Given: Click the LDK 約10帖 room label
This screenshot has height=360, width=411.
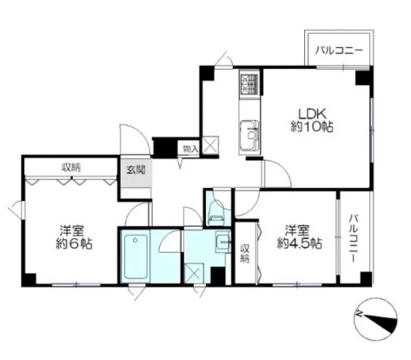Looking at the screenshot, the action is click(312, 120).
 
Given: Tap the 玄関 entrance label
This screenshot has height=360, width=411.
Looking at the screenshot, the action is click(136, 170).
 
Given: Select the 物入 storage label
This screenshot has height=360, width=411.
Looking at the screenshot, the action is click(190, 150).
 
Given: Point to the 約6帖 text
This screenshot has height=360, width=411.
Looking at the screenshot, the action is click(74, 244).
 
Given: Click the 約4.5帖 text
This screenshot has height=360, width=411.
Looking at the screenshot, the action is click(300, 243).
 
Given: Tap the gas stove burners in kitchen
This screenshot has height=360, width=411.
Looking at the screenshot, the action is click(249, 83).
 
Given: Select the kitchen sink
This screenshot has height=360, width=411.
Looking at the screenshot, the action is click(249, 135).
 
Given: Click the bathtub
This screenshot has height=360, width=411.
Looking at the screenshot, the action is click(136, 257).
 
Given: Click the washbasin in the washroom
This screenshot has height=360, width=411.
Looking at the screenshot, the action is click(223, 241).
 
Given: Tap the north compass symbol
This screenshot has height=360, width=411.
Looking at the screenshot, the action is click(375, 319).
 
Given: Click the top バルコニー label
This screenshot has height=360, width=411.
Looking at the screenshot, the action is click(339, 50).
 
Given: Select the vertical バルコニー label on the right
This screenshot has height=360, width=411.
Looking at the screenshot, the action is click(353, 238).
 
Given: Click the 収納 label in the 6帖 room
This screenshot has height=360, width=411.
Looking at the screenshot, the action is click(71, 167).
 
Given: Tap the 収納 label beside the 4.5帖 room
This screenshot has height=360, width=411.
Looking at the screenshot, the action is click(245, 253).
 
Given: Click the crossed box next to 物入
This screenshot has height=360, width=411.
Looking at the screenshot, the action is click(210, 144).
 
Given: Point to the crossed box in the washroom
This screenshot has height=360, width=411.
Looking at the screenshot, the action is click(195, 273).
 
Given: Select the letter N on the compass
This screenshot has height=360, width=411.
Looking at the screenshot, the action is click(360, 313).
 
